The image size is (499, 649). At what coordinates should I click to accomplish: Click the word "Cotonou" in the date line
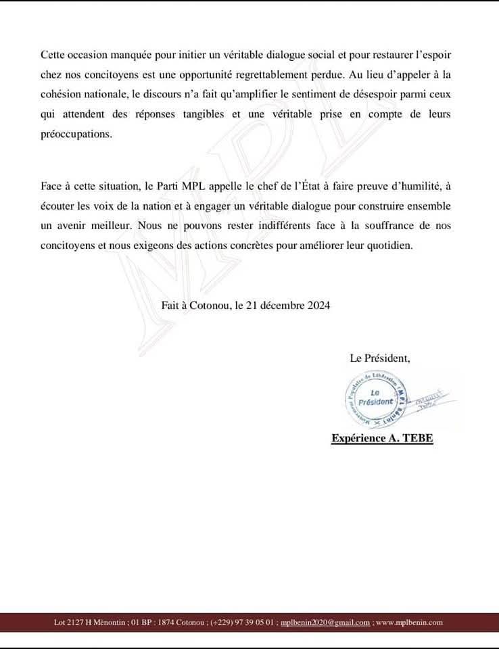coord(210,305)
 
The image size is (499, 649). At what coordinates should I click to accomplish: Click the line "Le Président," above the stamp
coord(380,358)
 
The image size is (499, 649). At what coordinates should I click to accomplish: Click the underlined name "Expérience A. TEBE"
coord(382,439)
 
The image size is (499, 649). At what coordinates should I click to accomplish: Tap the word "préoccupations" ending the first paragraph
coord(74,135)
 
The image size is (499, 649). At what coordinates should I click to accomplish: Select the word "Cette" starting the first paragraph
coord(53,53)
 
